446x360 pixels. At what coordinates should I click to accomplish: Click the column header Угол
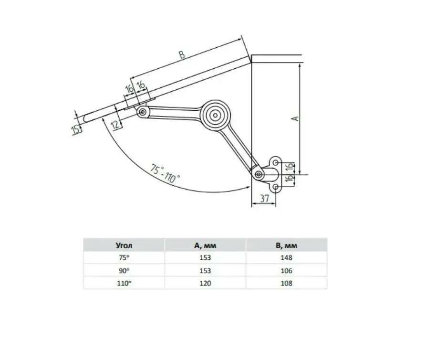(x=124, y=245)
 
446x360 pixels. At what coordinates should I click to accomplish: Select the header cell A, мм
(x=205, y=245)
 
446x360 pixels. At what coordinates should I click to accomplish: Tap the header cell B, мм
(x=286, y=245)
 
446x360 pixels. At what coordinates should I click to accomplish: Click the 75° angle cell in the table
(x=124, y=258)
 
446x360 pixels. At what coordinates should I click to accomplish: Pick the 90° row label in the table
(x=124, y=270)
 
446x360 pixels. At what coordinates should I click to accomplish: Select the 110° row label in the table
(x=124, y=283)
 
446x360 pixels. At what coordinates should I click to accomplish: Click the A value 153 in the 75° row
(x=205, y=258)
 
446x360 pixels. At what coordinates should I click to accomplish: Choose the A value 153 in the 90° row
(x=205, y=270)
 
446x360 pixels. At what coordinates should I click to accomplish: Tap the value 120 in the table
(x=205, y=283)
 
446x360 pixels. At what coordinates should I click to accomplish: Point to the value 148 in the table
(x=286, y=258)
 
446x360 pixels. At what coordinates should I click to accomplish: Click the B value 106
(x=286, y=270)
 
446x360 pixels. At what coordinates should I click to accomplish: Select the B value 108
(x=286, y=283)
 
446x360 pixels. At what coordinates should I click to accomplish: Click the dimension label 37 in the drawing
(x=263, y=199)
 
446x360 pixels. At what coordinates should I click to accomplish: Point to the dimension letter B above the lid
(x=182, y=55)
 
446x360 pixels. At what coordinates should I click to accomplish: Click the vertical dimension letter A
(x=295, y=117)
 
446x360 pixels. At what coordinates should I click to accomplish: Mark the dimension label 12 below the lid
(x=115, y=125)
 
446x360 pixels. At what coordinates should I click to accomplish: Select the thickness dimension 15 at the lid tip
(x=76, y=129)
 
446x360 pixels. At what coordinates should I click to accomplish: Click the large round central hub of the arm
(x=216, y=115)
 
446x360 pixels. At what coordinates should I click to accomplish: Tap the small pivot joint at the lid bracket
(x=142, y=112)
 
